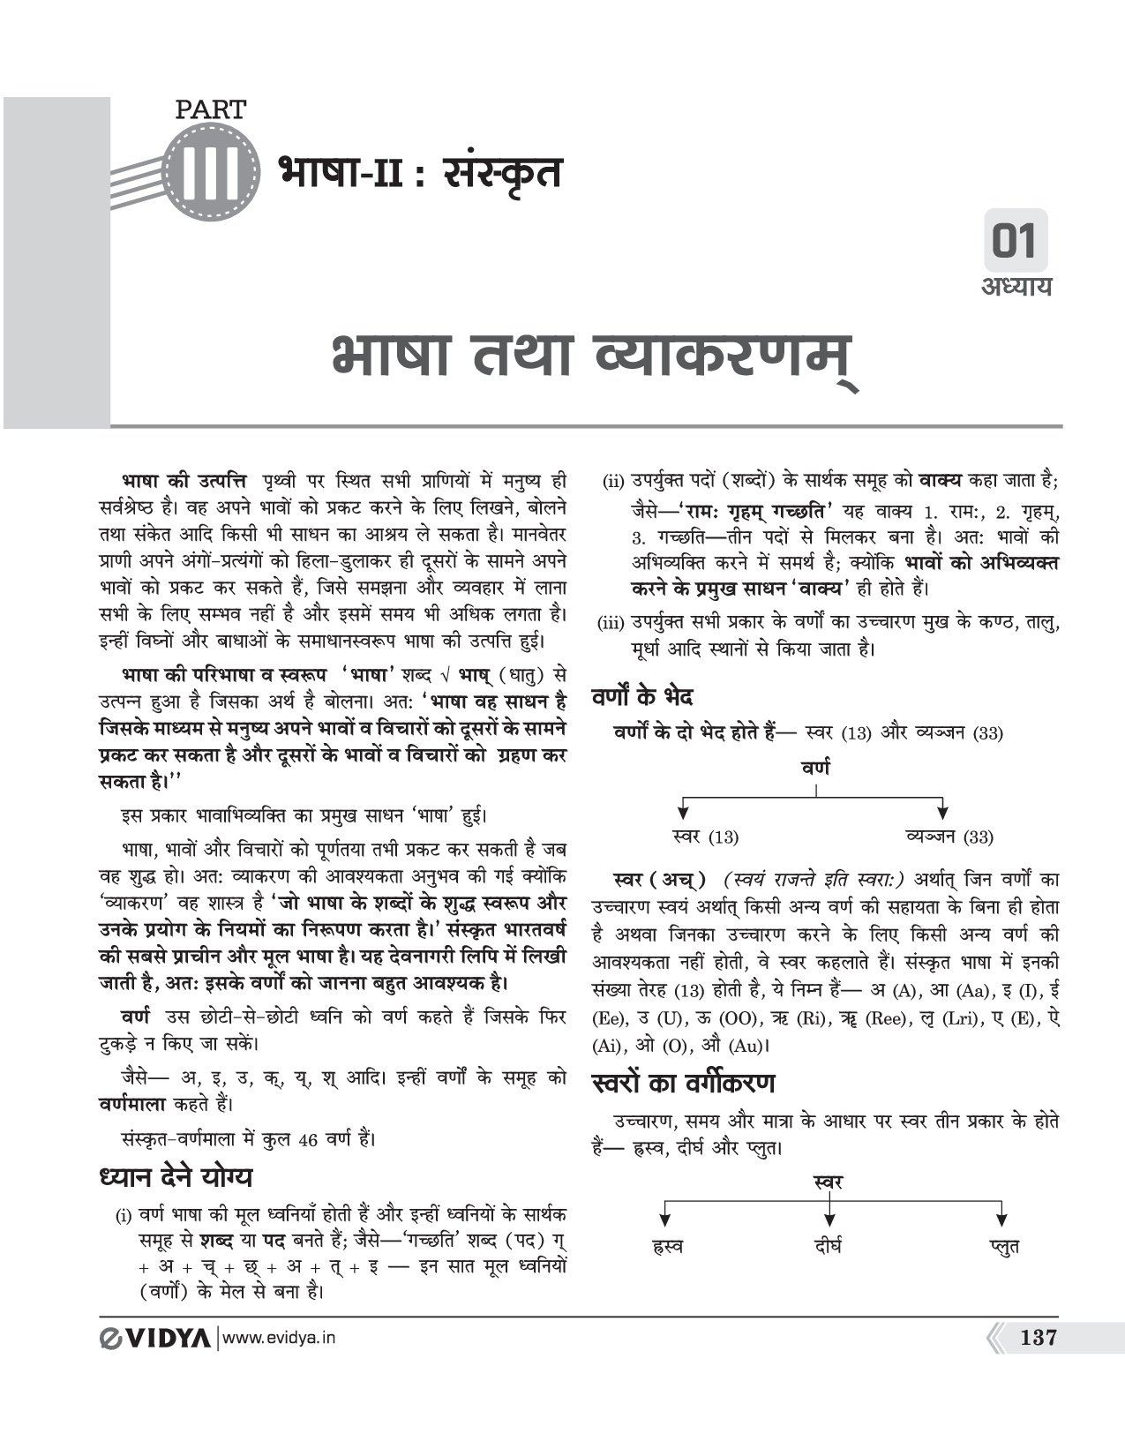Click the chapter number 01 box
[1015, 241]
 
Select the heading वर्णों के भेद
[642, 696]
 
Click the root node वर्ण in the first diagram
[815, 768]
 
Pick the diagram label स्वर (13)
[704, 837]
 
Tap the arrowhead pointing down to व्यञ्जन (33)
[942, 810]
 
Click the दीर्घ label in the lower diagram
[828, 1246]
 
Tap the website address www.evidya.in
[280, 1338]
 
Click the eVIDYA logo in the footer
[154, 1338]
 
